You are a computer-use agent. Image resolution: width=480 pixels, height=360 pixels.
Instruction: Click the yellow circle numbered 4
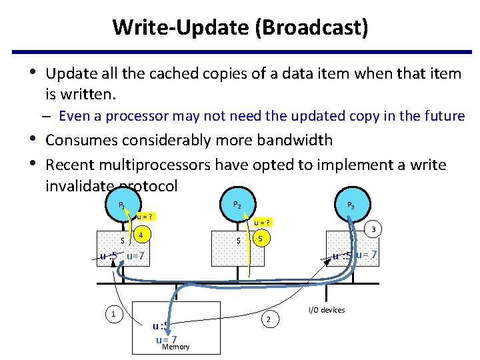pos(141,235)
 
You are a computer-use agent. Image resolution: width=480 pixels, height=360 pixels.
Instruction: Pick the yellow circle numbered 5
pos(262,238)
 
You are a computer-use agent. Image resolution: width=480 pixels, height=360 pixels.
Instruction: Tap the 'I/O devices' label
pos(326,310)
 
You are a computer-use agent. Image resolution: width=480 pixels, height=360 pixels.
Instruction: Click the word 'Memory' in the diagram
pos(176,347)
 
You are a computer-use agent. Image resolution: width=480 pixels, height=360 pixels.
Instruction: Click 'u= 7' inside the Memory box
pos(165,339)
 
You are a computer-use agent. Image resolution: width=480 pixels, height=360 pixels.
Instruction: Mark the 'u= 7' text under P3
pos(366,254)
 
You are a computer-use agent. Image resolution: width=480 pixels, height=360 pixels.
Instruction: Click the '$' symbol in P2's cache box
pos(239,240)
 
